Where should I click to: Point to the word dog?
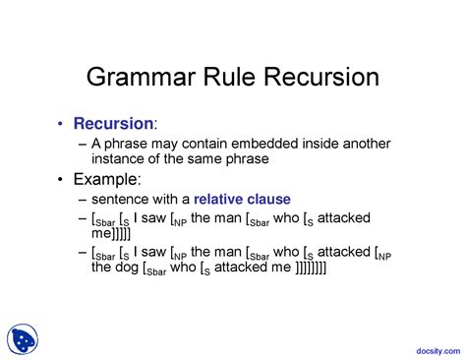pyautogui.click(x=135, y=268)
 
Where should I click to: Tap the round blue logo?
pyautogui.click(x=24, y=339)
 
